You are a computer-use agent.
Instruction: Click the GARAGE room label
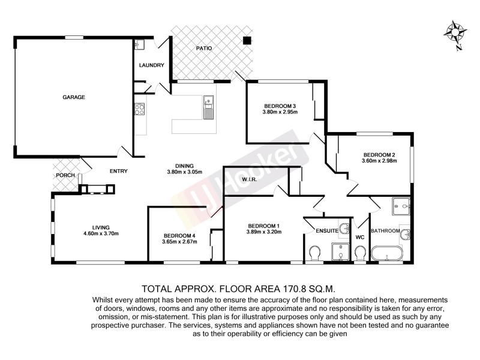point(74,97)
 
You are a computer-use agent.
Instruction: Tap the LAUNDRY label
point(151,65)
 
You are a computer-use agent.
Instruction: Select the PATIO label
point(205,48)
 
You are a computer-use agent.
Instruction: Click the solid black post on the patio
point(246,41)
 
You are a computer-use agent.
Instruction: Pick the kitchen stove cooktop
point(139,110)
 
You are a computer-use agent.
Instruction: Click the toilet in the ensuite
point(314,254)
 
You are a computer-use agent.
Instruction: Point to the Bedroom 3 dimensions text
point(280,112)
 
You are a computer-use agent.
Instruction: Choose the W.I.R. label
point(250,179)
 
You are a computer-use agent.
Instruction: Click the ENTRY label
point(118,171)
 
